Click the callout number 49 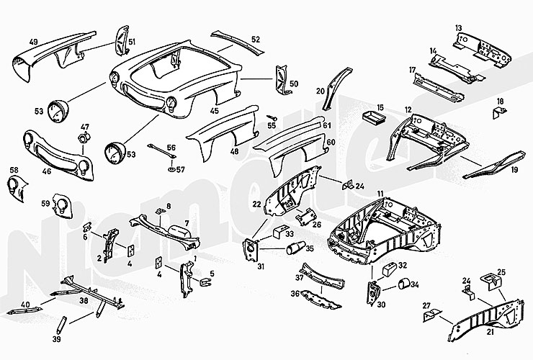pos(32,42)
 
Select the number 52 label pos(255,39)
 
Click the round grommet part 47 pos(84,137)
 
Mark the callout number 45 pos(215,111)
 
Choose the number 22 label pos(256,204)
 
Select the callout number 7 pos(186,223)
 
